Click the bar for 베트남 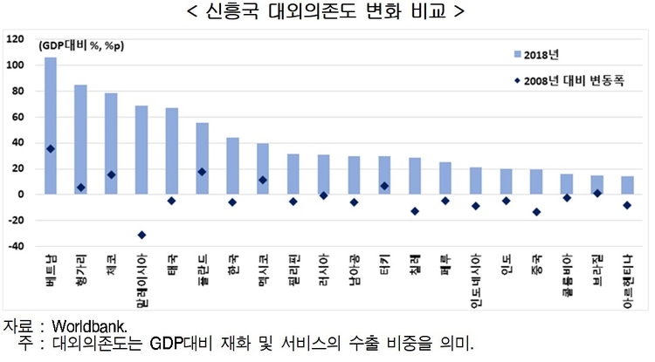51,126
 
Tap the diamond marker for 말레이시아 141,235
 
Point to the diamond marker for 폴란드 202,172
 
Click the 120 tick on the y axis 15,39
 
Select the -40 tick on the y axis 15,247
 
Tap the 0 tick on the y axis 20,195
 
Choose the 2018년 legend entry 546,55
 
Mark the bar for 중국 535,181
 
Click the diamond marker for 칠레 415,211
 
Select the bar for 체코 111,144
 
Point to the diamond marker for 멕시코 263,181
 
